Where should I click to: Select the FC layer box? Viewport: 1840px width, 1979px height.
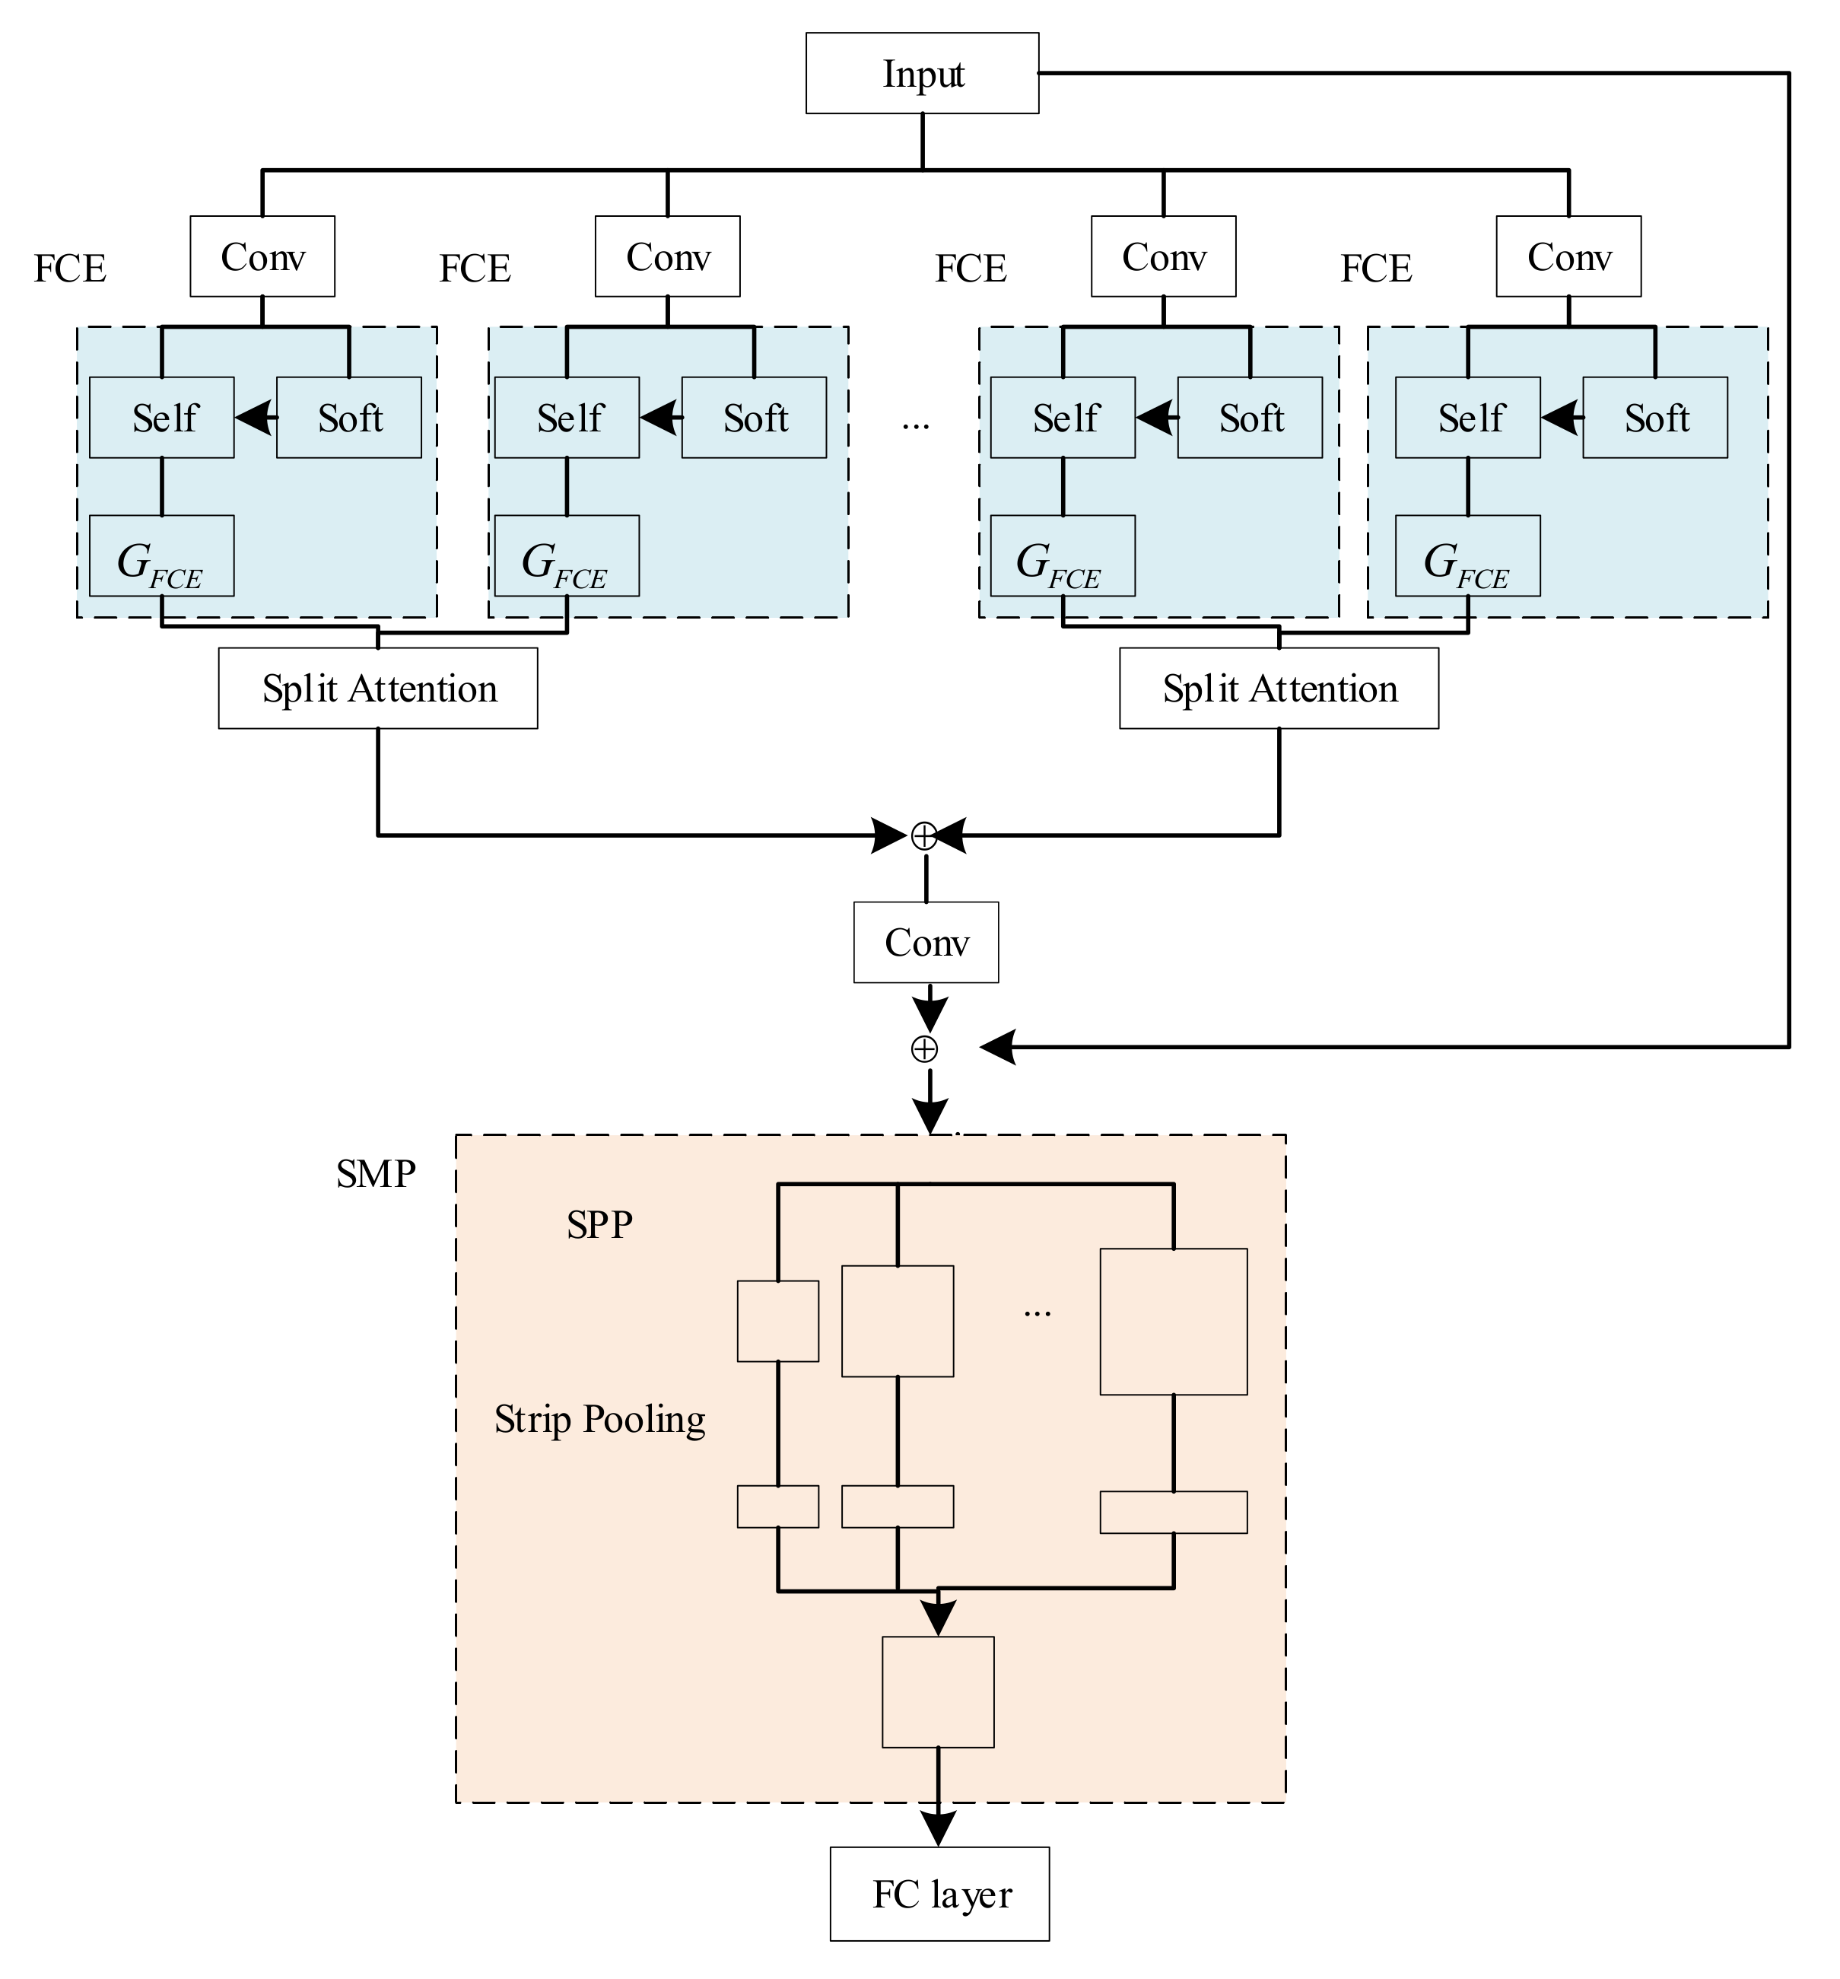(x=939, y=1895)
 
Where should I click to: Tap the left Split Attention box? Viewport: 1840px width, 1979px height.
(x=377, y=689)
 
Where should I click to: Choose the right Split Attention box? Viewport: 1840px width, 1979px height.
(x=1278, y=689)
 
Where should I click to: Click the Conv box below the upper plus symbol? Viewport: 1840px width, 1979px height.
(x=926, y=942)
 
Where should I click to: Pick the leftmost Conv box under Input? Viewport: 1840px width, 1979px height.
(x=262, y=257)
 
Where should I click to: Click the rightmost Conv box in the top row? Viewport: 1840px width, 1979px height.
(x=1568, y=257)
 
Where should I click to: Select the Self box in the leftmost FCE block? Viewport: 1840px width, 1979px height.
(x=161, y=417)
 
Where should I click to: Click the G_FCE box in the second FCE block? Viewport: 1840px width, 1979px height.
(x=566, y=555)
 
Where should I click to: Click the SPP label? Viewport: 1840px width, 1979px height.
(x=599, y=1224)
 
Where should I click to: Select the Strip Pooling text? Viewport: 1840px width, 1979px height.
(x=599, y=1418)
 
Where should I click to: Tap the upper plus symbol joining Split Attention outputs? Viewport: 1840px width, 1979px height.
(x=923, y=836)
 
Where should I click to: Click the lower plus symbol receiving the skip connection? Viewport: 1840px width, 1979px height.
(x=923, y=1048)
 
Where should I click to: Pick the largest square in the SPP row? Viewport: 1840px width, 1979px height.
(x=1172, y=1321)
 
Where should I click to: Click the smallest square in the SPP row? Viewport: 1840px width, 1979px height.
(x=777, y=1321)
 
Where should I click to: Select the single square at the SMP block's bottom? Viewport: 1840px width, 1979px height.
(x=937, y=1691)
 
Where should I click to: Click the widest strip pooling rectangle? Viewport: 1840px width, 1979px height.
(x=1172, y=1512)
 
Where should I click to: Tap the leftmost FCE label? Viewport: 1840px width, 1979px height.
(x=70, y=269)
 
